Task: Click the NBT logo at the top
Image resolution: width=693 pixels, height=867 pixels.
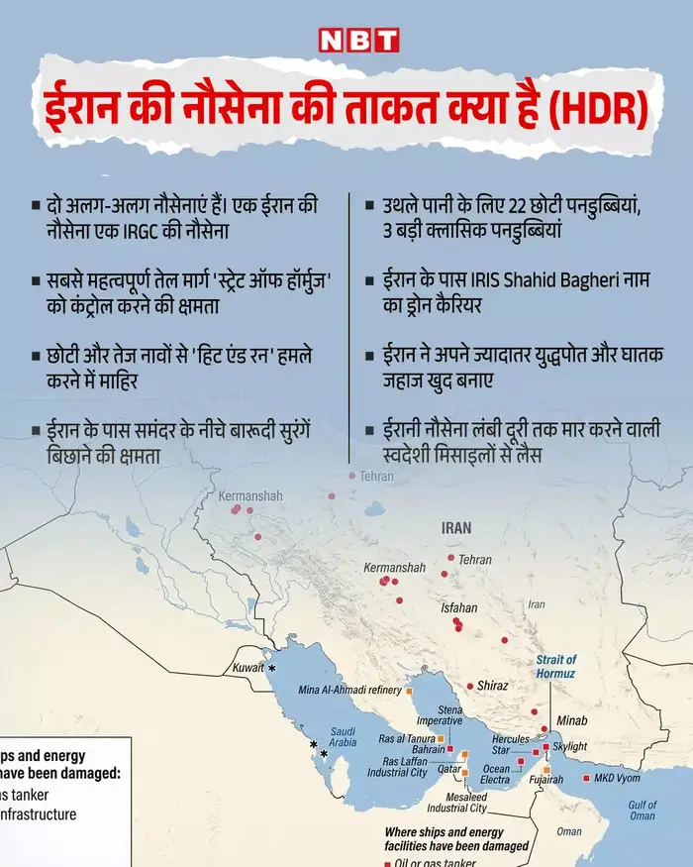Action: pyautogui.click(x=358, y=39)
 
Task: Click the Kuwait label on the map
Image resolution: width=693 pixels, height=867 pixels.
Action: pyautogui.click(x=248, y=668)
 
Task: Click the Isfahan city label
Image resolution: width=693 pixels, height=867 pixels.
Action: pyautogui.click(x=459, y=607)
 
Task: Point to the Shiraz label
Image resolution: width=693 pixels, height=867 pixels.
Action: pyautogui.click(x=492, y=686)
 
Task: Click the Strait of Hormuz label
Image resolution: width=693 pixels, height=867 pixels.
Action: pyautogui.click(x=555, y=666)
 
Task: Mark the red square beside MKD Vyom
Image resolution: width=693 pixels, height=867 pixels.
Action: pyautogui.click(x=588, y=778)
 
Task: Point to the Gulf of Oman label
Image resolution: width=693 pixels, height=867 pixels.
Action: pyautogui.click(x=643, y=811)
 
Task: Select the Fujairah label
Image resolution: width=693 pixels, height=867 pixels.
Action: pyautogui.click(x=545, y=780)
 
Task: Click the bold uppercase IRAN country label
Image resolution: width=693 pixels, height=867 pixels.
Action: pyautogui.click(x=456, y=528)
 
